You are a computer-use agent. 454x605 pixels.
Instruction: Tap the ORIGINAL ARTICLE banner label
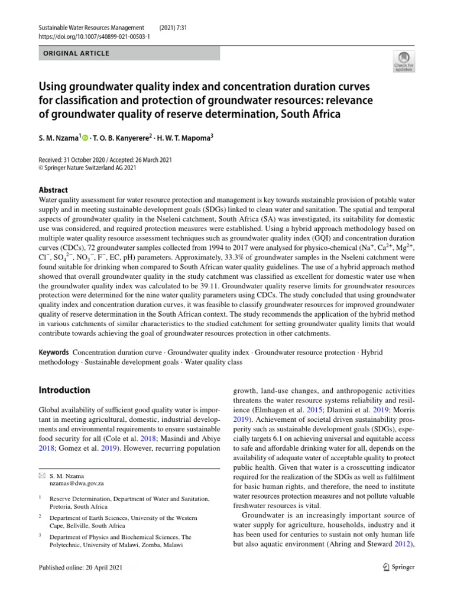point(75,54)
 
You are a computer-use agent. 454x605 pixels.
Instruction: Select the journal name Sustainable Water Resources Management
point(92,28)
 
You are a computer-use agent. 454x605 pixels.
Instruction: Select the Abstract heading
point(53,190)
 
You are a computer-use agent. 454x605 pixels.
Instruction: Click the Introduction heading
point(64,390)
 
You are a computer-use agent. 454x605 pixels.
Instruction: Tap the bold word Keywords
point(54,352)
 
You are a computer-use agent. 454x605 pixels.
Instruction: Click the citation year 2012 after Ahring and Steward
point(404,544)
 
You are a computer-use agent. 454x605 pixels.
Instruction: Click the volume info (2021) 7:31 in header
point(176,28)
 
